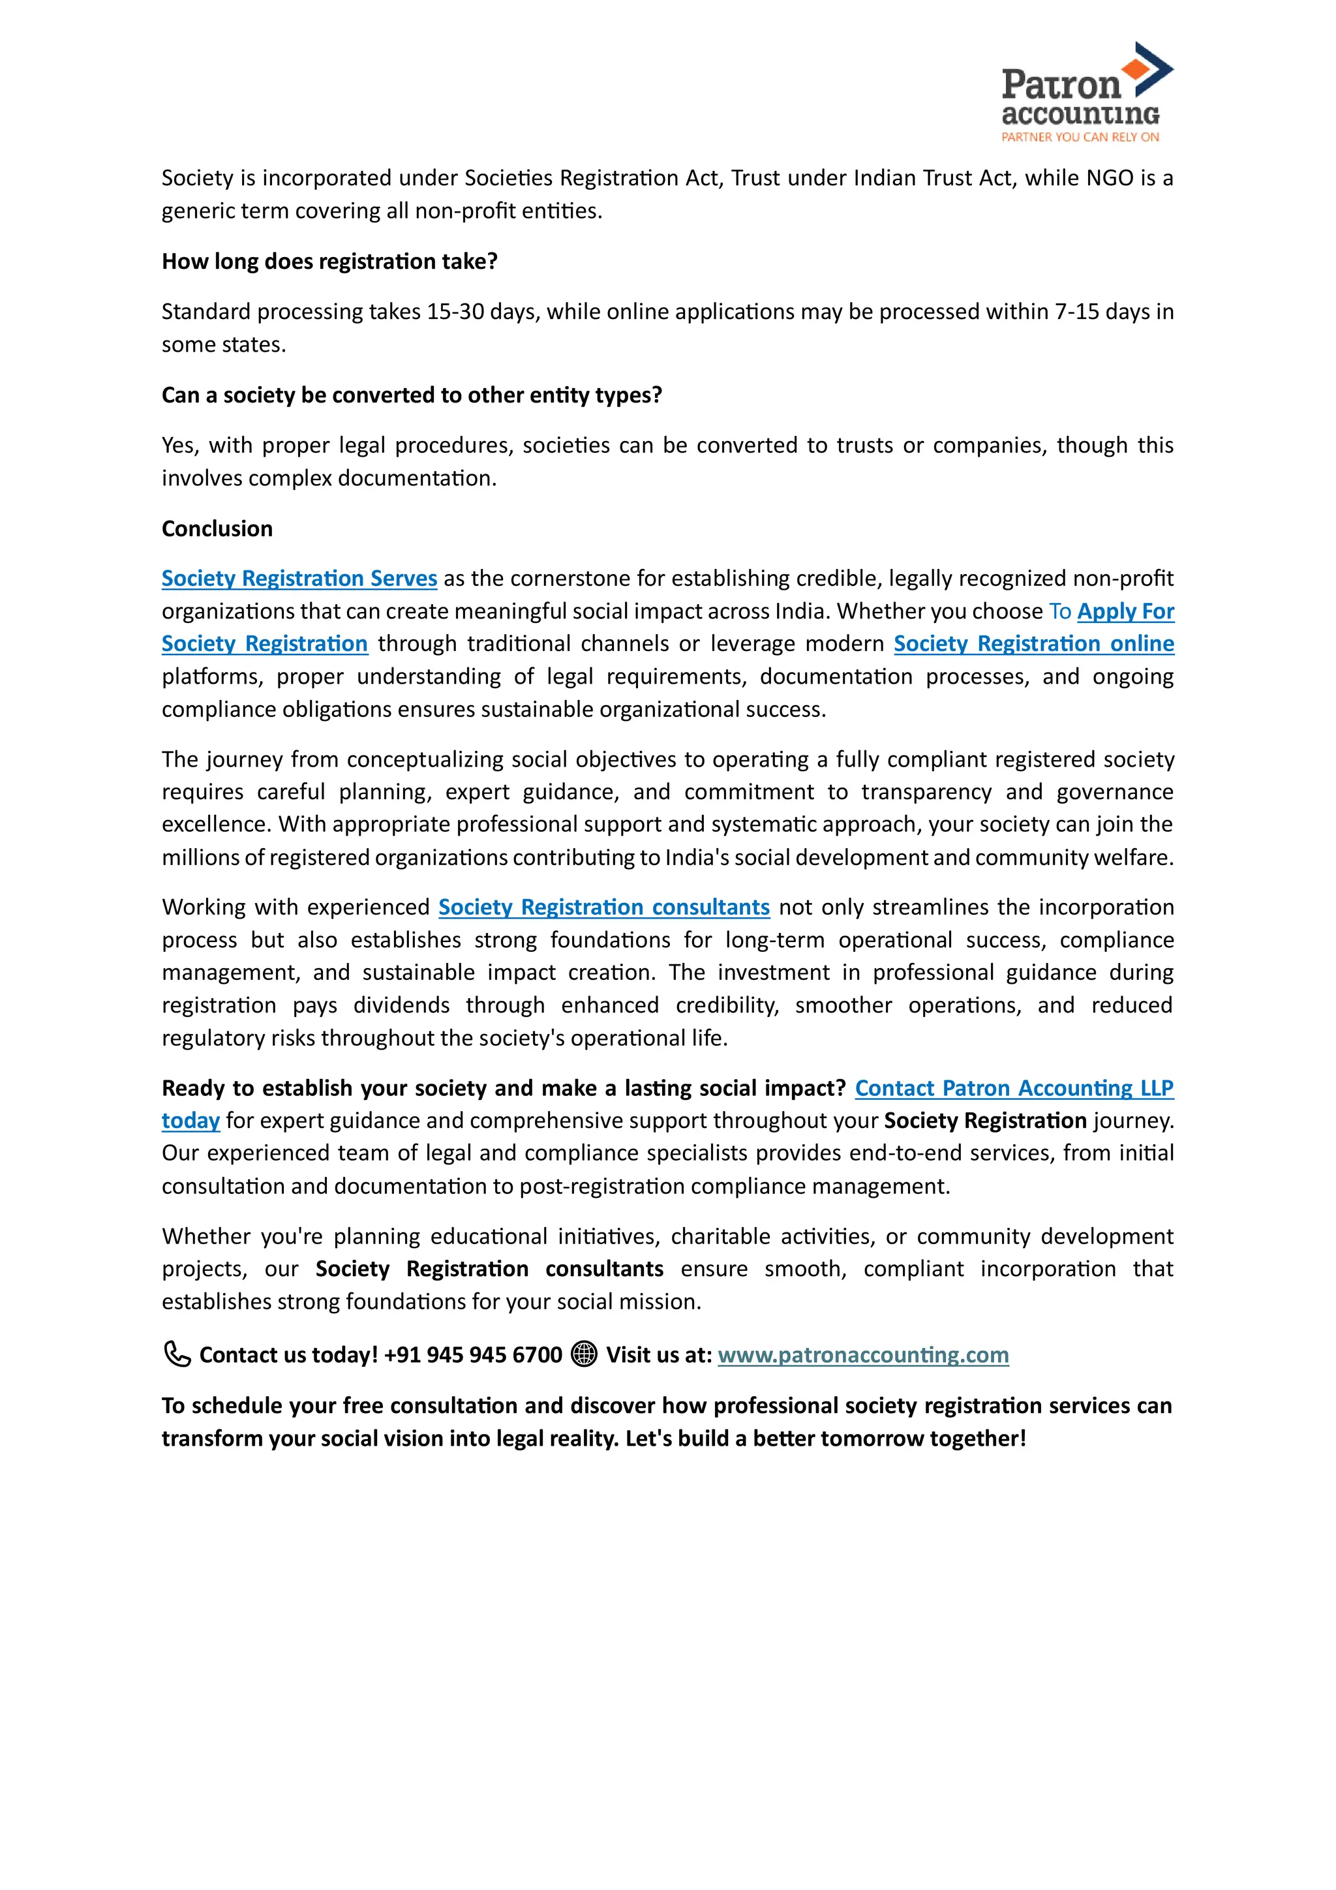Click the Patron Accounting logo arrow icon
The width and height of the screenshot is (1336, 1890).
1150,67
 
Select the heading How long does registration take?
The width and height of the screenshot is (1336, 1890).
329,262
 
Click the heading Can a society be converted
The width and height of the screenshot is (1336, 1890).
412,395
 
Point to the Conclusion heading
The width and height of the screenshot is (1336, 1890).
217,528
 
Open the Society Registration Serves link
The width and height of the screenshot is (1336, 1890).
299,579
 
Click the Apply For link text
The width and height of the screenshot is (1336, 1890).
1125,611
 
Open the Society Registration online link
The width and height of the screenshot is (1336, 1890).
1033,644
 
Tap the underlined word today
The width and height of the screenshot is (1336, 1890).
190,1121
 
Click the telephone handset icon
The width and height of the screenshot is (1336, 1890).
176,1354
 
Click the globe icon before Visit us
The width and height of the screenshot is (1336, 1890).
584,1354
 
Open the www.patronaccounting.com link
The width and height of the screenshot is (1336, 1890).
862,1355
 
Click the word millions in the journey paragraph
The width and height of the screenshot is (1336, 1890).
200,858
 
